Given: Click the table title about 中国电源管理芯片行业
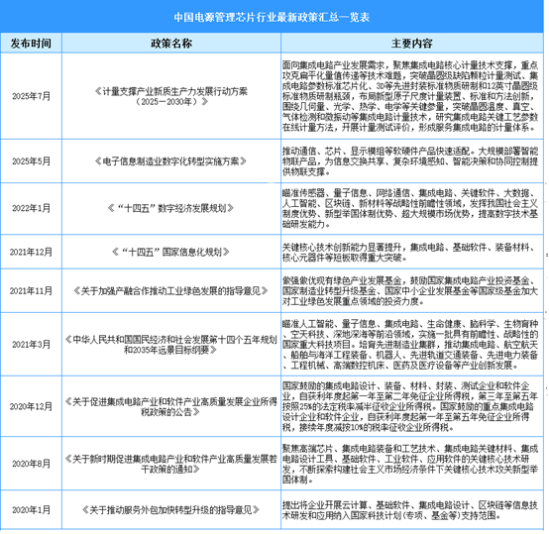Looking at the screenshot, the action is pos(274,16).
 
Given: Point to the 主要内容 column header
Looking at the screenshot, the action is pos(411,44).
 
